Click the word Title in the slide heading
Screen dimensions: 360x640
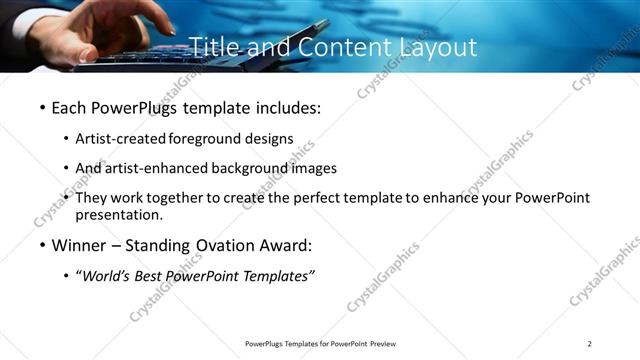pyautogui.click(x=212, y=47)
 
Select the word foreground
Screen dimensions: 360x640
pyautogui.click(x=209, y=138)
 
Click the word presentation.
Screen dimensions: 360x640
pyautogui.click(x=119, y=215)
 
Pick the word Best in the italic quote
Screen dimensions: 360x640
pyautogui.click(x=156, y=277)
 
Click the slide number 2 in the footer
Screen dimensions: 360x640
pyautogui.click(x=589, y=344)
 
